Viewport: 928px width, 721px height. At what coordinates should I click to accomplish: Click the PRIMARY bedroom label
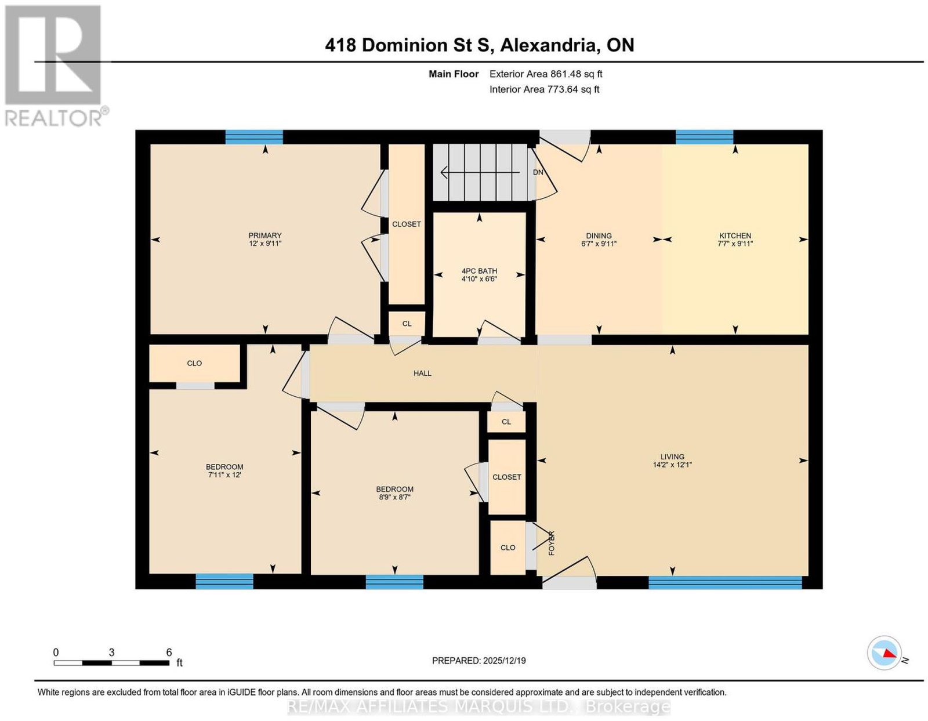click(265, 235)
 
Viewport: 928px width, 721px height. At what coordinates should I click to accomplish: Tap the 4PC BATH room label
click(479, 271)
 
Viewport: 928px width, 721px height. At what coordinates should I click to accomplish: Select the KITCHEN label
click(735, 235)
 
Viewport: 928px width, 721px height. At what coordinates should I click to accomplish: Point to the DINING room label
click(599, 235)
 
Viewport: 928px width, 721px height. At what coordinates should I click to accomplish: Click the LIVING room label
click(672, 456)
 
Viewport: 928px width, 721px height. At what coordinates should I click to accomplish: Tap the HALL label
click(422, 373)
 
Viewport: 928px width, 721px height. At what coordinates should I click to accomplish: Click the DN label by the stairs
click(538, 172)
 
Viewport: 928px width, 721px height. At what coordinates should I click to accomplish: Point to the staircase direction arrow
click(480, 172)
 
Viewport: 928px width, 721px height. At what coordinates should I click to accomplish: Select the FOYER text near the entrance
click(552, 543)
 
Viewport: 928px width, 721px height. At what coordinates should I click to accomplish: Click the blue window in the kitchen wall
click(704, 137)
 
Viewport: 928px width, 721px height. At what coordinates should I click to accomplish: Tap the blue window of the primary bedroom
click(254, 137)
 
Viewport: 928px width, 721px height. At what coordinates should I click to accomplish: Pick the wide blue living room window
click(725, 582)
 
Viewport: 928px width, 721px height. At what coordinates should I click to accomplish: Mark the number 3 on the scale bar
click(111, 653)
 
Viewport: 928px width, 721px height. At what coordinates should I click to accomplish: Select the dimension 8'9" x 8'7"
click(394, 497)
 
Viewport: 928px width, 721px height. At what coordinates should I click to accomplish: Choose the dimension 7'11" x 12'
click(224, 474)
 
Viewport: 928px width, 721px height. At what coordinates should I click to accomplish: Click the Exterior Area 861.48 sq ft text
click(546, 74)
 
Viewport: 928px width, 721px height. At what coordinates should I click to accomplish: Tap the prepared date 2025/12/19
click(505, 660)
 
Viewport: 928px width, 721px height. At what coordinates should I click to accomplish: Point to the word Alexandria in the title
click(548, 45)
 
